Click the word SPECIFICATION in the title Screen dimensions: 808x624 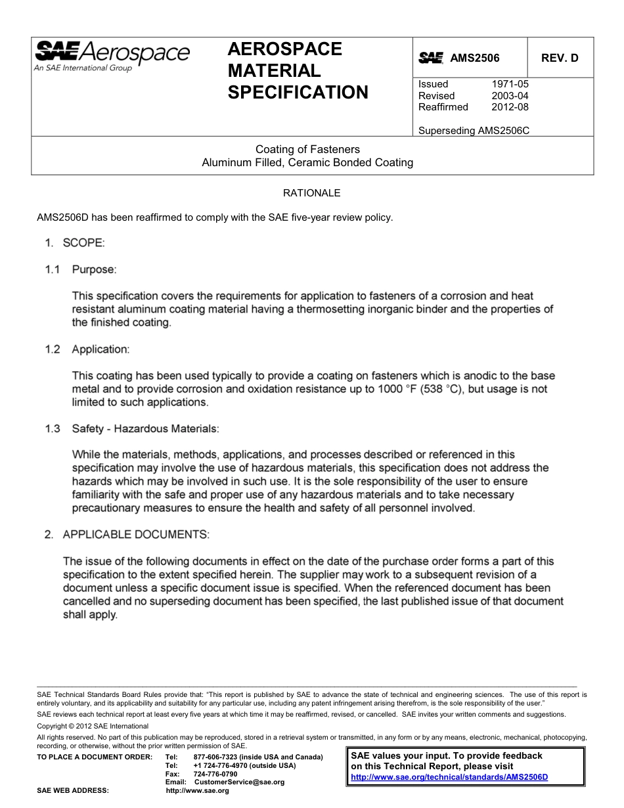[298, 93]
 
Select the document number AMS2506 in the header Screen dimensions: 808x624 [474, 58]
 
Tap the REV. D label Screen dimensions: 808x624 [560, 58]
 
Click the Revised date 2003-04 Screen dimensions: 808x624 [510, 96]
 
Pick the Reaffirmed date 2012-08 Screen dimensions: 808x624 [510, 107]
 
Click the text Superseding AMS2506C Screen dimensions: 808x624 [474, 131]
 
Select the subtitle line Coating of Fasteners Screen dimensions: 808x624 [307, 150]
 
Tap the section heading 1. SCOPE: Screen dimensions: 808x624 [74, 243]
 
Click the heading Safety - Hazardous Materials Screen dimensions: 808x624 [145, 429]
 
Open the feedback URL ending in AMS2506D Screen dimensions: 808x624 [449, 776]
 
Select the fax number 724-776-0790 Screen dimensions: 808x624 [215, 774]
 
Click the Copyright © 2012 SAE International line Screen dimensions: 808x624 [93, 726]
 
